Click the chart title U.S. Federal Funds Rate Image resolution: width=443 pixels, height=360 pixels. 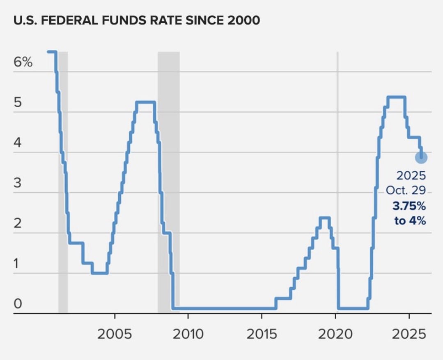137,21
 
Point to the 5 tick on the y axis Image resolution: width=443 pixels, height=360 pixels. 18,102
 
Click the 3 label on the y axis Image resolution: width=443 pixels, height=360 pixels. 18,183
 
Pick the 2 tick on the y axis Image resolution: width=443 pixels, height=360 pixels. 18,223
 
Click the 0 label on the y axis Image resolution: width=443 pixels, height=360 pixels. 18,304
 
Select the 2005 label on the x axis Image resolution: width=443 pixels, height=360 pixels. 115,334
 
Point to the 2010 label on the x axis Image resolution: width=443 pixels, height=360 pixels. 188,334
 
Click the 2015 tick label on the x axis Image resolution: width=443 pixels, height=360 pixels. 262,334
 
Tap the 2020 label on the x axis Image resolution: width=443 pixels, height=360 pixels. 335,334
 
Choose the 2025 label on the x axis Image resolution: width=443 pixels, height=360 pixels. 409,334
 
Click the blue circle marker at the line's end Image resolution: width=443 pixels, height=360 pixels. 421,157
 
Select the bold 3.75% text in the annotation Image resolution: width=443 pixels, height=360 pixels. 410,205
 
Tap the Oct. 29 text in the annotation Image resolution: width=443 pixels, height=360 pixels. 406,191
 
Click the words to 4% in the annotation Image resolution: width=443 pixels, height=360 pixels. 410,221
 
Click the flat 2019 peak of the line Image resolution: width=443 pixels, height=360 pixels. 324,217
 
